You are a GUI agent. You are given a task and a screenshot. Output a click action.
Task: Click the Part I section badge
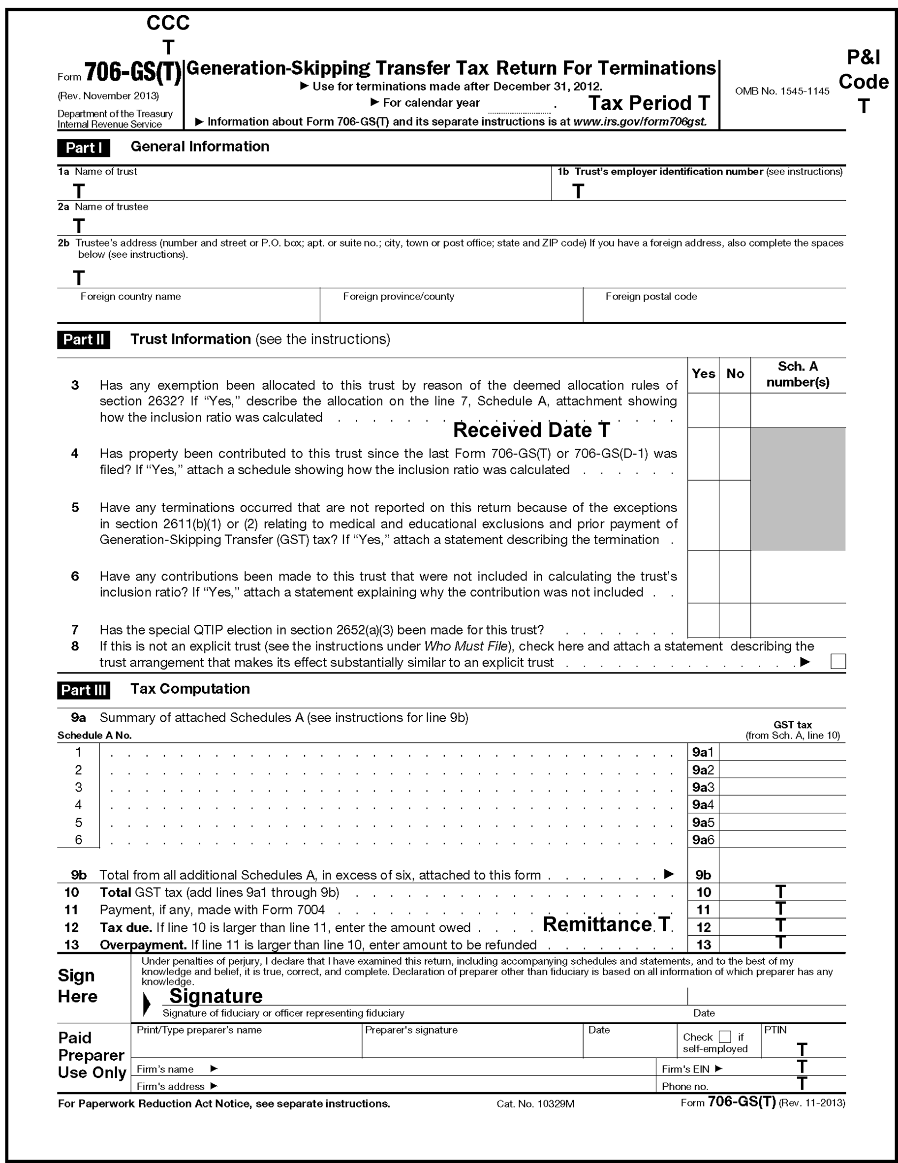tap(84, 148)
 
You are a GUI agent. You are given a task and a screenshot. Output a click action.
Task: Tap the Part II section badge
tap(84, 340)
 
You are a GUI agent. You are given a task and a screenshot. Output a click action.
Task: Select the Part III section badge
tap(84, 690)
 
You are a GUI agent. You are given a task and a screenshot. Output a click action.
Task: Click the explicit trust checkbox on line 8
tap(838, 661)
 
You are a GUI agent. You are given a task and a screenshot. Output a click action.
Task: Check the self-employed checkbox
tap(725, 1037)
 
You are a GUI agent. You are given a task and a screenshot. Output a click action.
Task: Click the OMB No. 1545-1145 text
tap(782, 91)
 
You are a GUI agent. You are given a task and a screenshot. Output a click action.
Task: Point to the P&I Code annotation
tap(864, 81)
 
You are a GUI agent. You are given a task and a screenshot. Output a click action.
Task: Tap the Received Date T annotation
tap(531, 430)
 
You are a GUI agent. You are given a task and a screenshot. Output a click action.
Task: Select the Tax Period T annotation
tap(649, 103)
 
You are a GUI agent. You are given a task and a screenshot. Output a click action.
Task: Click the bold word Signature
tap(216, 996)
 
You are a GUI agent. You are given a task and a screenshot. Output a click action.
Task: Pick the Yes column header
tap(703, 374)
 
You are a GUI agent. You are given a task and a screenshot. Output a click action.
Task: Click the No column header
tap(735, 374)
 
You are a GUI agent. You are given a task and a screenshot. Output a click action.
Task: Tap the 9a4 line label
tap(703, 805)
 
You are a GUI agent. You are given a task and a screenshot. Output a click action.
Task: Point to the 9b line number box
tap(703, 875)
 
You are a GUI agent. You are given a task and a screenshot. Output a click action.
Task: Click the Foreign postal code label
tap(651, 297)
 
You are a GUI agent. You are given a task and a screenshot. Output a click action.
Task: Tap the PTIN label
tap(775, 1030)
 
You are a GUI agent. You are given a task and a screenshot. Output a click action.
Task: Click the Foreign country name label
tap(130, 297)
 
